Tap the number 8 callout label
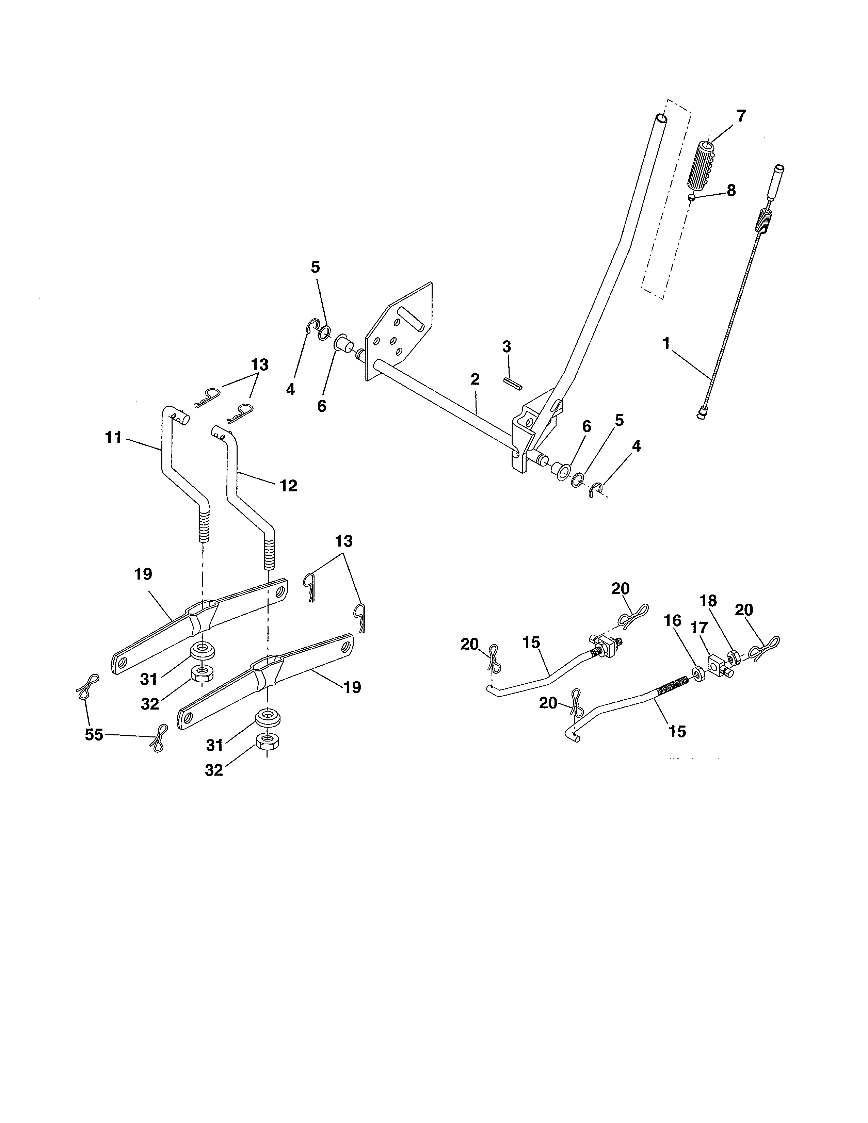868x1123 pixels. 731,191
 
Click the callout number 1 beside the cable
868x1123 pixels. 666,343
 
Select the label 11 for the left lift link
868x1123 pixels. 113,438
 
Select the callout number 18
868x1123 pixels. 708,601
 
